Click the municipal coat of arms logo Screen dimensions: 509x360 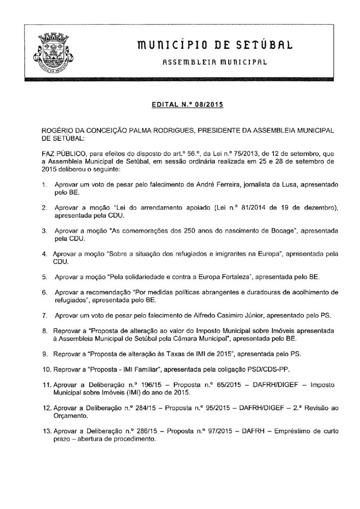click(52, 53)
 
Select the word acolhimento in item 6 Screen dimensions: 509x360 click(308, 290)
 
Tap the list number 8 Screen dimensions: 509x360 click(44, 330)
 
